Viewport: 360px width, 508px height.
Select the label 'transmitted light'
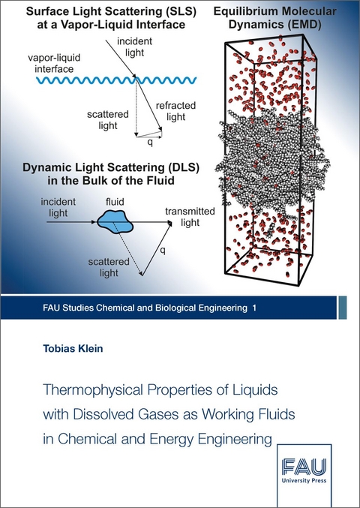[x=190, y=216]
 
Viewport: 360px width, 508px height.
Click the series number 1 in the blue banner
[x=253, y=309]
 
